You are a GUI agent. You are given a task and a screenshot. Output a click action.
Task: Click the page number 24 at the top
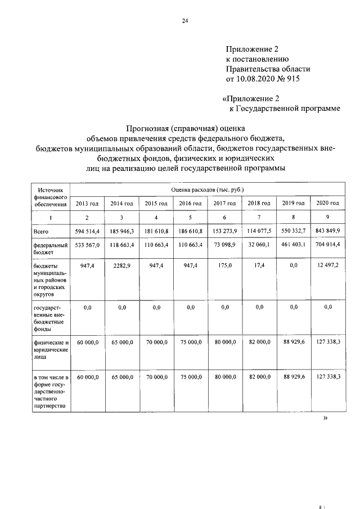click(184, 21)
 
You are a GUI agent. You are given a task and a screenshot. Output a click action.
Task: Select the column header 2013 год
click(87, 203)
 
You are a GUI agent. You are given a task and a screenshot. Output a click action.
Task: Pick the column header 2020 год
click(327, 202)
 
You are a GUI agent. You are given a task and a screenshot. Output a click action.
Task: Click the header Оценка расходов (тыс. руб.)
click(207, 190)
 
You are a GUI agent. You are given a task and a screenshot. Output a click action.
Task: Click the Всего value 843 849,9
click(327, 231)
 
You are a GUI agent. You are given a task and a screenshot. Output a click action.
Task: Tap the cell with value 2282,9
click(121, 264)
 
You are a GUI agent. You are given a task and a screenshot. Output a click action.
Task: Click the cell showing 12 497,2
click(327, 264)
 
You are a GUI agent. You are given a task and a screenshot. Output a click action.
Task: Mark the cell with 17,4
click(259, 264)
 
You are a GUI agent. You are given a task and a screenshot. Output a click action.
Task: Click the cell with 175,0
click(224, 264)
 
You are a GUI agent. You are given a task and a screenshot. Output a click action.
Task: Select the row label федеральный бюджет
click(50, 249)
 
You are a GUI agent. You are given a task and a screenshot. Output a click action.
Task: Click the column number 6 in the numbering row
click(224, 217)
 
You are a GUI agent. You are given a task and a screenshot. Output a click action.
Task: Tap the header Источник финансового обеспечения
click(50, 198)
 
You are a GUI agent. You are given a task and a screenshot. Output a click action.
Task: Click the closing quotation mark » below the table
click(325, 418)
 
